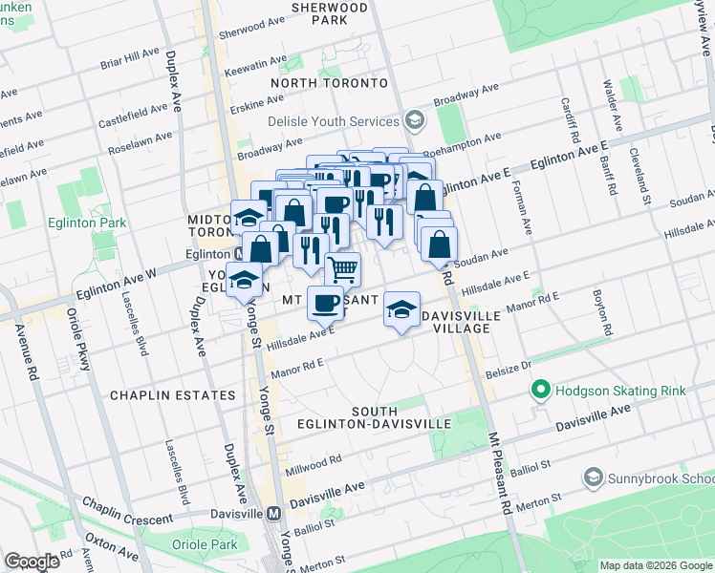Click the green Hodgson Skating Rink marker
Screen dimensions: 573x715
540,391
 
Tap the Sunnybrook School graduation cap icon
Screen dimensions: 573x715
593,477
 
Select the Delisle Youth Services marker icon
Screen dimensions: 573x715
414,121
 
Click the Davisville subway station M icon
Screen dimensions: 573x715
274,513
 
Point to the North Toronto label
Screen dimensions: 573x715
329,83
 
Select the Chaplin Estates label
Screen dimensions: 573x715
172,394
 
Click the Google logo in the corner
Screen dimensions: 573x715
32,562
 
